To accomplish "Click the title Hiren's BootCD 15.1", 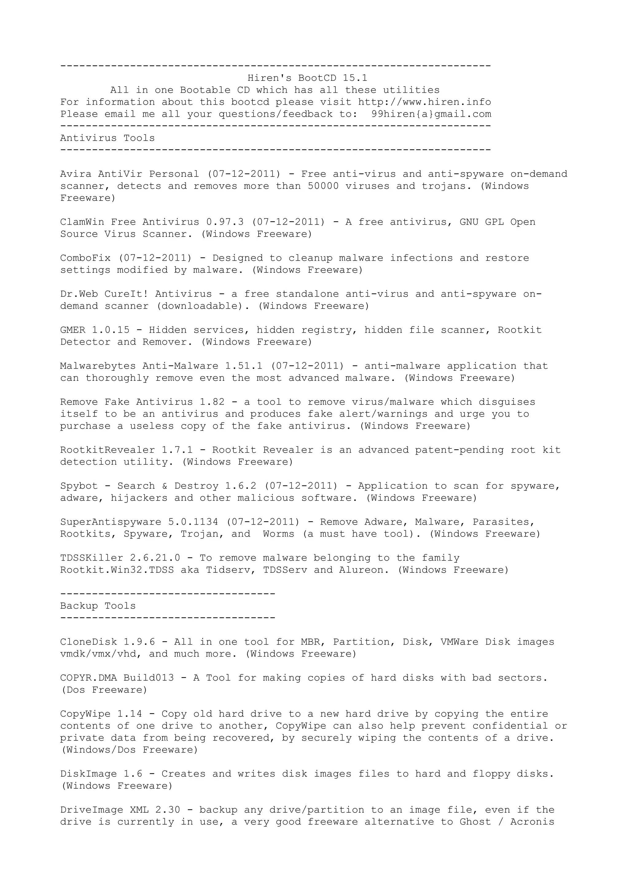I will (307, 78).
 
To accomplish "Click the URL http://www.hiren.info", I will (424, 102).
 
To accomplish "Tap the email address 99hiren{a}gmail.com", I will (431, 114).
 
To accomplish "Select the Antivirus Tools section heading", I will (107, 138).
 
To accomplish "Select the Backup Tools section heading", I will (98, 606).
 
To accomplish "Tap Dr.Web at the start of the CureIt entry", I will (79, 294).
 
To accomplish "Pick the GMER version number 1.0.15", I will (111, 330).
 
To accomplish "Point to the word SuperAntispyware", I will (111, 522).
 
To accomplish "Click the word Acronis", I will (532, 822).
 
